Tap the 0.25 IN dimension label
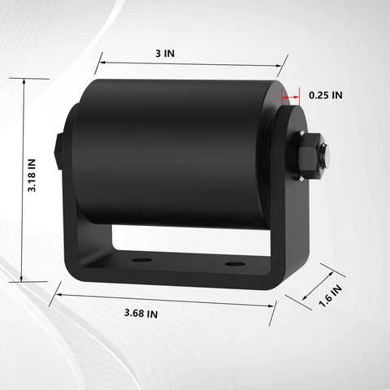(326, 95)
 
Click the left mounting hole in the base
(142, 261)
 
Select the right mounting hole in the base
(235, 264)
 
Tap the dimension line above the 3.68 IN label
(162, 299)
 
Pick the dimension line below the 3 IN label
(192, 64)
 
